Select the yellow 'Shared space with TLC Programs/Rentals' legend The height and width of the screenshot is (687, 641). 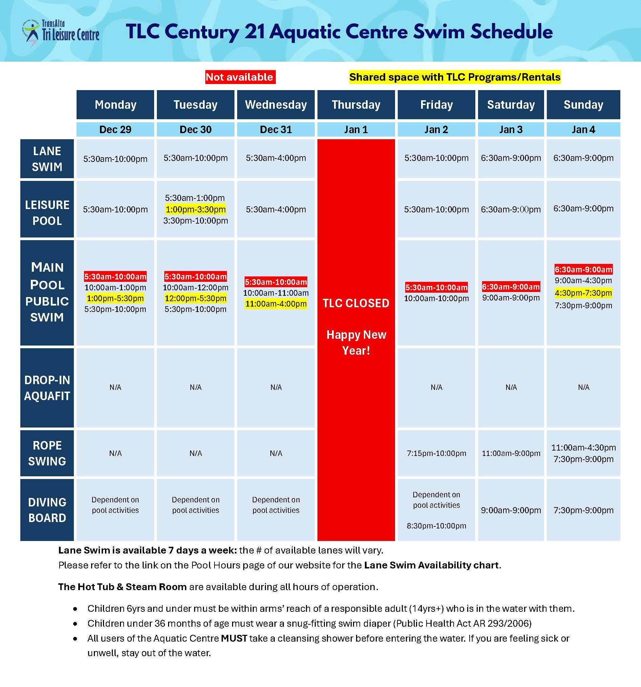coord(454,77)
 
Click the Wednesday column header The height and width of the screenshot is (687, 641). coord(276,105)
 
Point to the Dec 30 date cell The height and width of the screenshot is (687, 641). coord(195,130)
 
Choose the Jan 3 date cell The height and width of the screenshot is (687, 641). coord(511,130)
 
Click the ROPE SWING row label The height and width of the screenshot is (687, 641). coord(47,453)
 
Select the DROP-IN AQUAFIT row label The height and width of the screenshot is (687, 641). coord(47,388)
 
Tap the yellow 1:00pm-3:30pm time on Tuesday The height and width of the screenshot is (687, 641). coord(195,209)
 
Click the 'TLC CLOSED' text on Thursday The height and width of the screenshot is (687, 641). coord(356,303)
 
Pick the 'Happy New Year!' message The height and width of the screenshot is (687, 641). coord(356,342)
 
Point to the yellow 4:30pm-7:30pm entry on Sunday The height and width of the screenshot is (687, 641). coord(583,293)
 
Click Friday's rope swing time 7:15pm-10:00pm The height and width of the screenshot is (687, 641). coord(436,453)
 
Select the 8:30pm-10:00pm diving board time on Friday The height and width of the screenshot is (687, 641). coord(436,526)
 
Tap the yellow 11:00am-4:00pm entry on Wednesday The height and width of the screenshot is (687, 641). coord(276,304)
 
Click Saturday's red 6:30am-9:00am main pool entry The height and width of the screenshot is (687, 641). coord(511,287)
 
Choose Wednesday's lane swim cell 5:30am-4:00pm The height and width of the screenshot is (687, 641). coord(276,158)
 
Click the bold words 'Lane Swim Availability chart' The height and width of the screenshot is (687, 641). coord(431,565)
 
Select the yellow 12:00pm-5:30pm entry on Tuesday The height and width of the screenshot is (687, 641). coord(195,298)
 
